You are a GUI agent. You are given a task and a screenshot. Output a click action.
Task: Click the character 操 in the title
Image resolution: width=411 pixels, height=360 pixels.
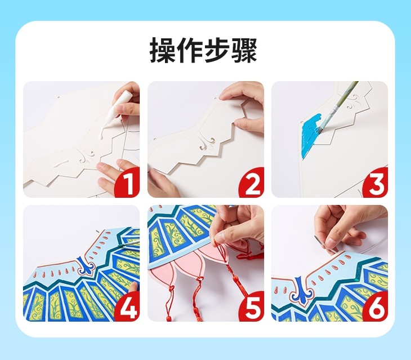(x=163, y=50)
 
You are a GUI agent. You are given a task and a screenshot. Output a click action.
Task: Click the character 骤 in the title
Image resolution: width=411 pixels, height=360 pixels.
(x=244, y=50)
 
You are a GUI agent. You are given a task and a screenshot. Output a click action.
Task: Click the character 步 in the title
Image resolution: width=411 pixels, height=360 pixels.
(x=217, y=50)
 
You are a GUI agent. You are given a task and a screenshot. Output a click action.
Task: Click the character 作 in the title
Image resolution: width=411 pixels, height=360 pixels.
(x=190, y=50)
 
